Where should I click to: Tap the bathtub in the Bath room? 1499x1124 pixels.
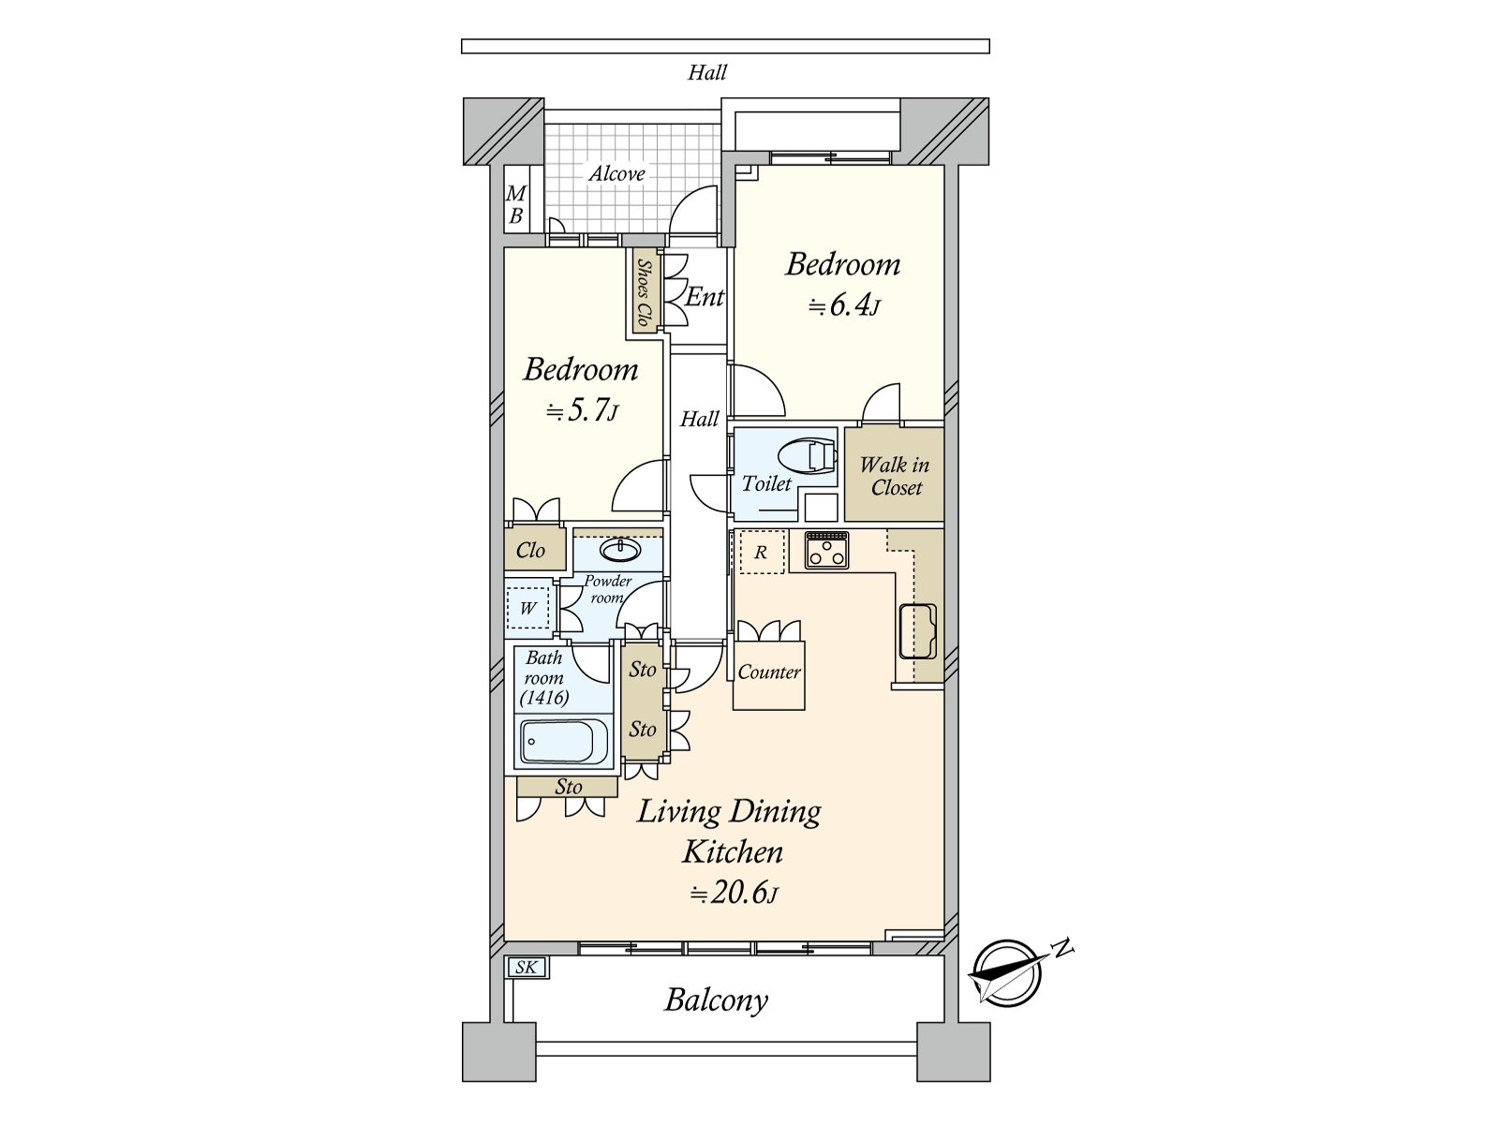pos(564,742)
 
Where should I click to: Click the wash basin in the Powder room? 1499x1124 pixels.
pos(620,549)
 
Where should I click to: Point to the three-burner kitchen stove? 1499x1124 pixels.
pos(826,550)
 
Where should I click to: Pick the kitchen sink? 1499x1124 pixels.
pos(918,631)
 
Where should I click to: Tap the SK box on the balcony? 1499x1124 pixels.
pos(527,967)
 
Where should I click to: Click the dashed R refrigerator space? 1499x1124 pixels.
pos(762,552)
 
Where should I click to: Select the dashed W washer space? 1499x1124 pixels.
pos(527,607)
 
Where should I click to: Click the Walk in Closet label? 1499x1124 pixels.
pos(895,477)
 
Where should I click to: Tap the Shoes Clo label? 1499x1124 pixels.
pos(643,292)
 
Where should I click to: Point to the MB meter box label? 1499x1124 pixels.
pos(516,205)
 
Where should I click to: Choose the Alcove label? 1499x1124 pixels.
pos(616,174)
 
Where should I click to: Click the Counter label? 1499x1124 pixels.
pos(769,673)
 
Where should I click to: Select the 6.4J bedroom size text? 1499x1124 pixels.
pos(844,305)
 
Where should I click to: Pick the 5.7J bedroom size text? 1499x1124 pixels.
pos(583,411)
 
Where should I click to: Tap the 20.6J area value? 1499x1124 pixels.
pos(735,893)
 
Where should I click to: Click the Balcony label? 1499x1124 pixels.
pos(717,1000)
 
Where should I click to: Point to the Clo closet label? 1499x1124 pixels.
pos(530,550)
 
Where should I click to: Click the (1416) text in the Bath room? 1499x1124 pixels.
pos(544,698)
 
